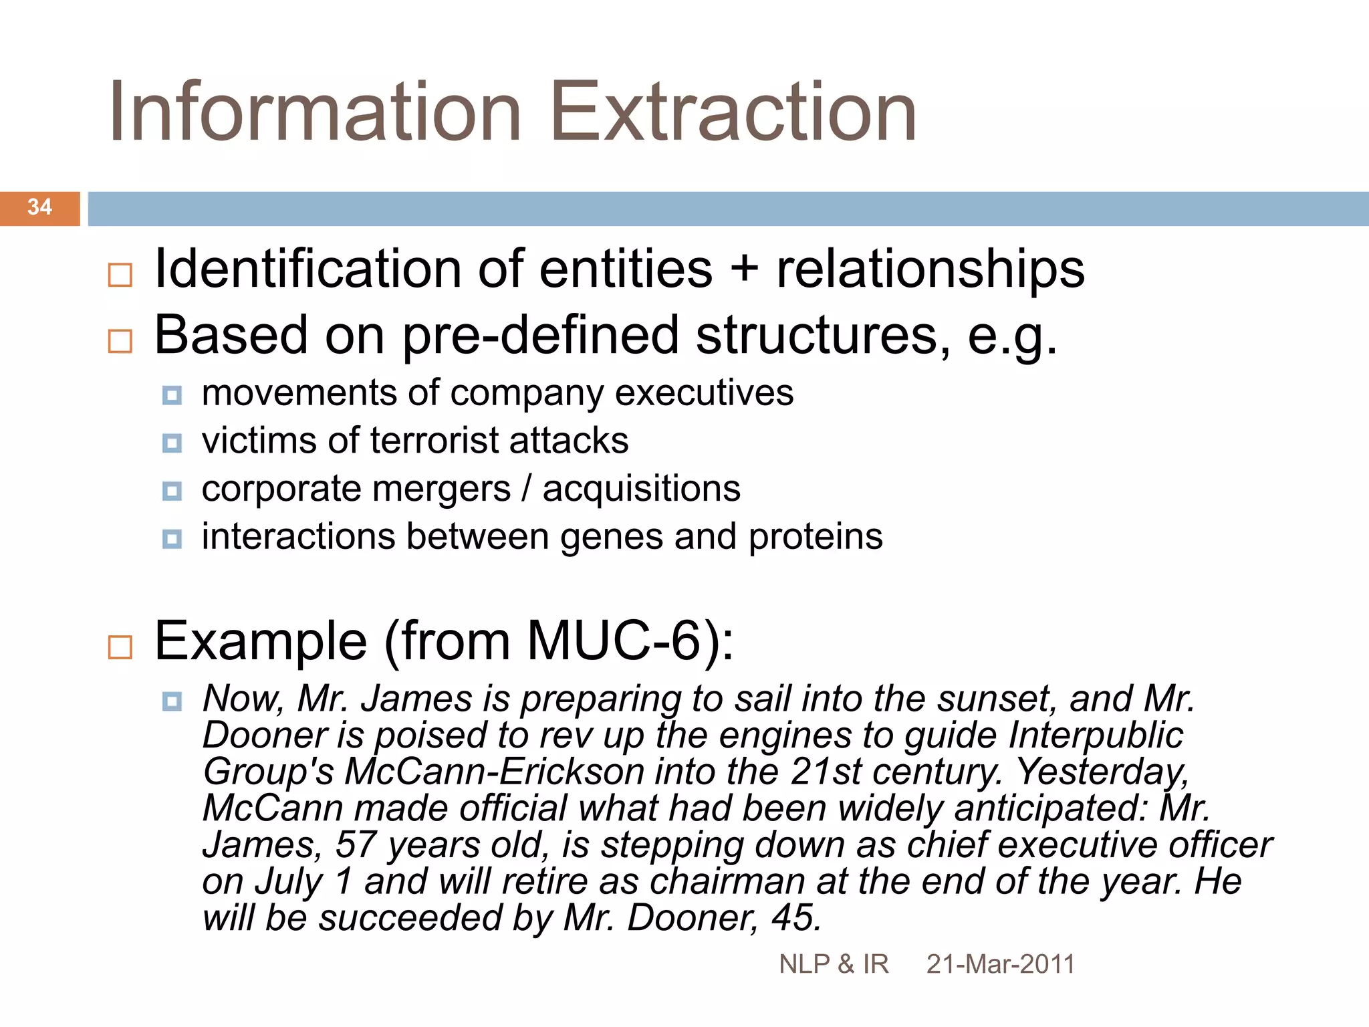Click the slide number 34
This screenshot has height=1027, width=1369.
click(x=39, y=207)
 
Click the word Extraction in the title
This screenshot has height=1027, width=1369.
click(x=733, y=112)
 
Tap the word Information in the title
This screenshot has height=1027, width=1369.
click(x=314, y=112)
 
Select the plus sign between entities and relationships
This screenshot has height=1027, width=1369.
click(x=744, y=269)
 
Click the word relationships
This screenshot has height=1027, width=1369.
click(x=930, y=269)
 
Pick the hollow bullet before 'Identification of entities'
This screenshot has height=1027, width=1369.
click(x=120, y=275)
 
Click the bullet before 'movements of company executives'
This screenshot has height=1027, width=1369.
click(x=172, y=396)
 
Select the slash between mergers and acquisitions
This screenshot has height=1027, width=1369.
click(x=527, y=489)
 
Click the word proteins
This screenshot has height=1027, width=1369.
click(x=815, y=537)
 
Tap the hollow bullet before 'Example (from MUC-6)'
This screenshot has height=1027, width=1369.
click(x=120, y=647)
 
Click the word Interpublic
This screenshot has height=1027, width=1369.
click(x=1096, y=735)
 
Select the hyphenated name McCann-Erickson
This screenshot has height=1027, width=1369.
click(x=494, y=772)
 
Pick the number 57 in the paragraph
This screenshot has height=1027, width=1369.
click(x=356, y=844)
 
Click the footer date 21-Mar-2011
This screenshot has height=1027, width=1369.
click(x=1000, y=964)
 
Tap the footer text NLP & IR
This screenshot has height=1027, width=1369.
click(x=834, y=964)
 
